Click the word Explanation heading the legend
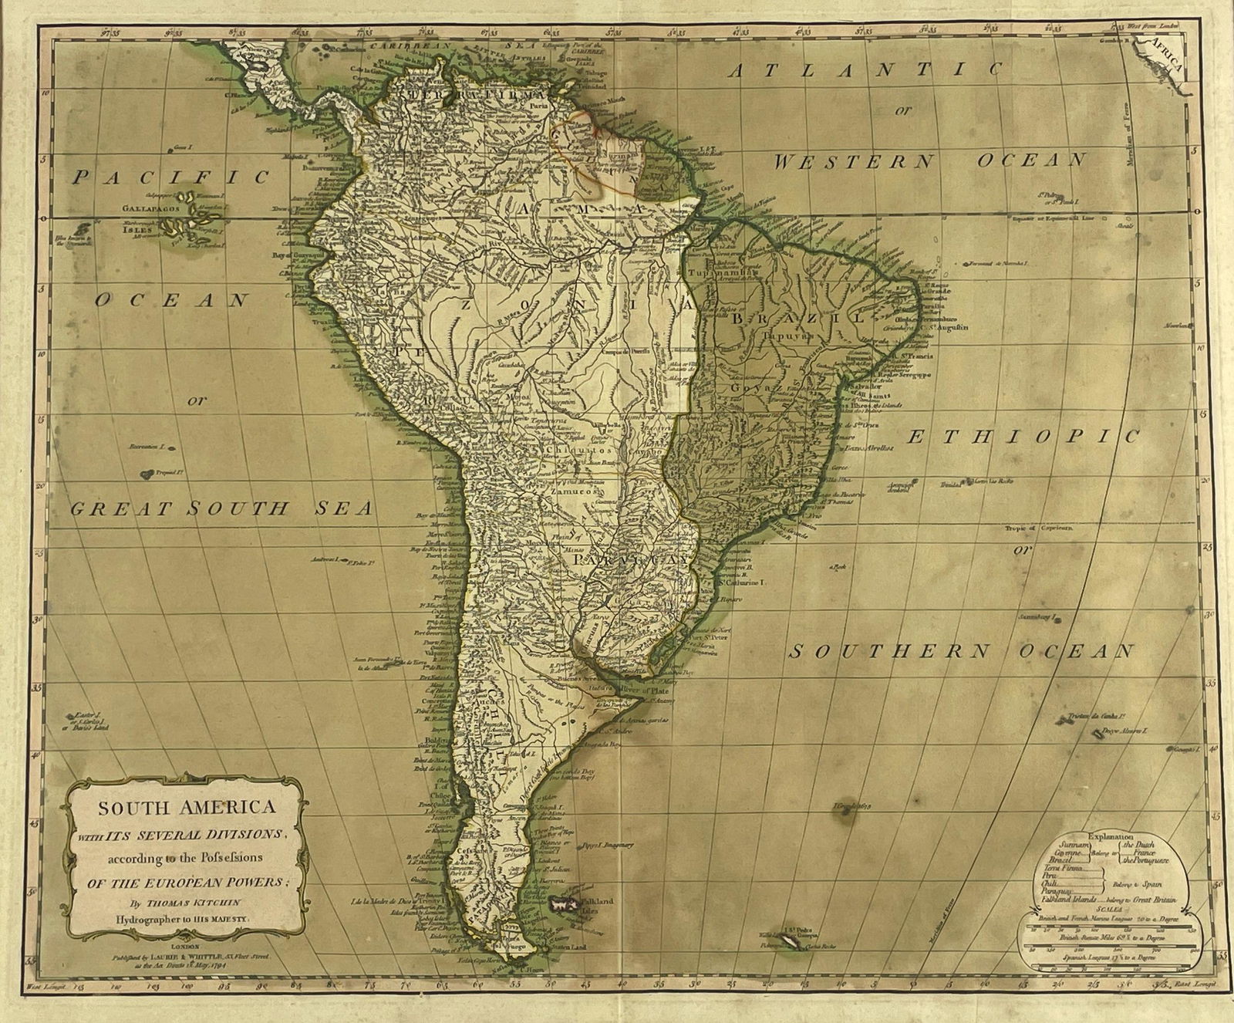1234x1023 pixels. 1111,836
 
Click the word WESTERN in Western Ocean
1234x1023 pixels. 853,162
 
